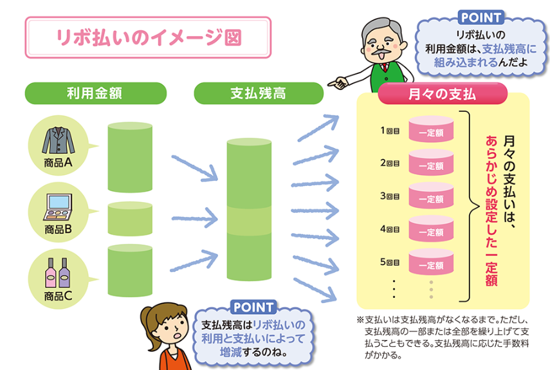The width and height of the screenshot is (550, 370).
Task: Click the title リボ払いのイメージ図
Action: point(149,37)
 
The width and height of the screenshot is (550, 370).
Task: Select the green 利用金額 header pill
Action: point(95,93)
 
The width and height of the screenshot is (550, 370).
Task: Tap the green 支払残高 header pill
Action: point(259,93)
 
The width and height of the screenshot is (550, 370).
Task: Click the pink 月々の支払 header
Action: point(443,94)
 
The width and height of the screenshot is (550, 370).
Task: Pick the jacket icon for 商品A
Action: point(59,140)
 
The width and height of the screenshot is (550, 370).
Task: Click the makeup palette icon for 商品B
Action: point(58,207)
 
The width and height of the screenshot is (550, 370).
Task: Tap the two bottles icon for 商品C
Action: point(57,273)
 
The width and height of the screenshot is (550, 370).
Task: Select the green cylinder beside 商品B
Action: point(130,219)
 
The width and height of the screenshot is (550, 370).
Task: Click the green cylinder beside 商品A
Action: point(130,157)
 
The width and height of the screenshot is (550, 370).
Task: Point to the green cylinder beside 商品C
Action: point(130,270)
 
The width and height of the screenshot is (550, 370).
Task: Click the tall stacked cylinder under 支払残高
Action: point(249,209)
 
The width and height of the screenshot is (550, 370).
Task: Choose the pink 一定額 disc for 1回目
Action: point(431,129)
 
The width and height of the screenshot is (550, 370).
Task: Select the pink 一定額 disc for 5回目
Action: point(431,262)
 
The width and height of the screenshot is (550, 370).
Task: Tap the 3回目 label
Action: point(390,196)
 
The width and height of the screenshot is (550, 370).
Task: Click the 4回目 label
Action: point(390,229)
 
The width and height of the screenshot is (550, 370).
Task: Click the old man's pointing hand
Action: point(337,83)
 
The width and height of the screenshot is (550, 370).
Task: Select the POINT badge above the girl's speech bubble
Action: point(253,307)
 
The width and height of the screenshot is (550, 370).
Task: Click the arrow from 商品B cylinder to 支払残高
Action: point(195,219)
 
